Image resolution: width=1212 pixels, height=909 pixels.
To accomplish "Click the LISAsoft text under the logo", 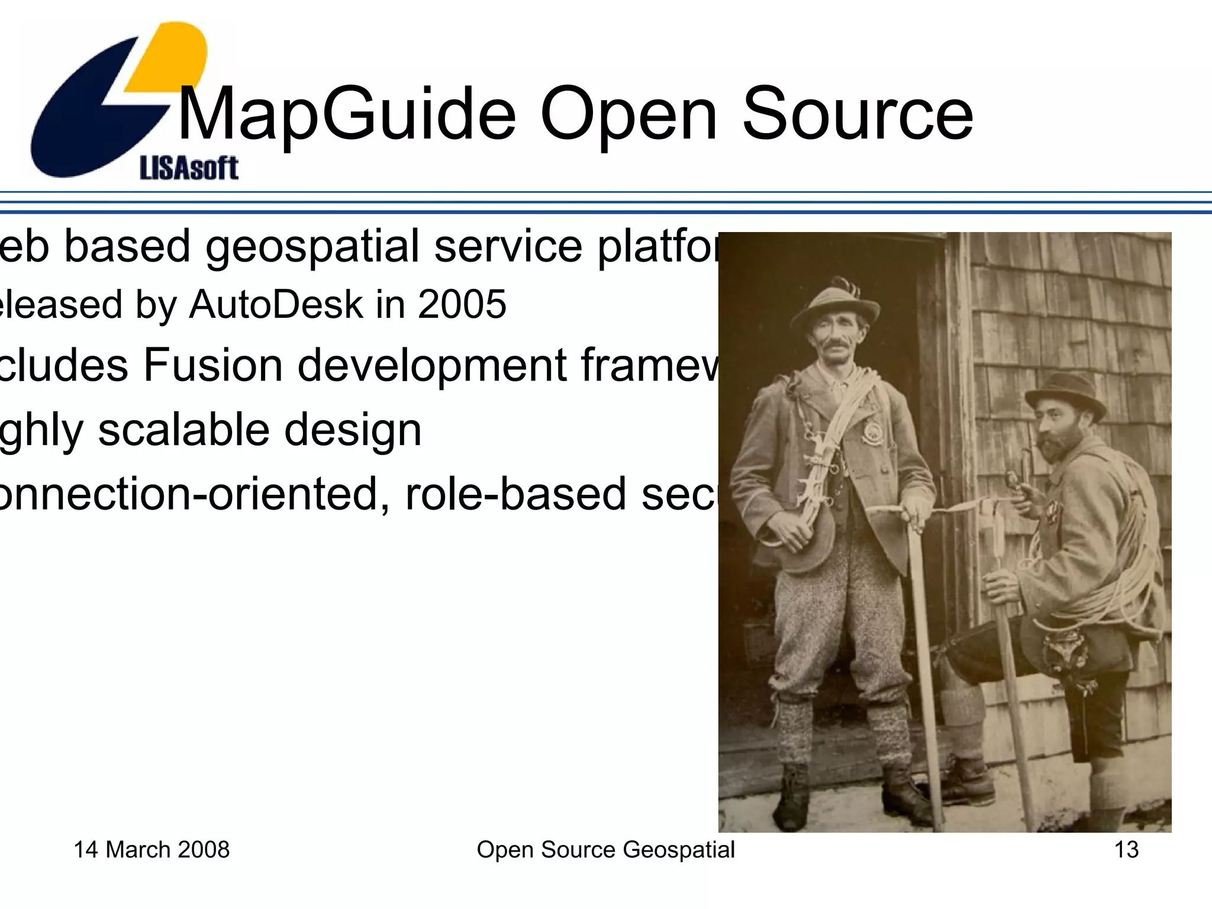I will (x=189, y=168).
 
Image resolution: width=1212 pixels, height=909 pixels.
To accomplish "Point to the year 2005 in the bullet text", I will (x=462, y=305).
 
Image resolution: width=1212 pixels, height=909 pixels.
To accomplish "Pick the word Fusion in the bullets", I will (x=213, y=365).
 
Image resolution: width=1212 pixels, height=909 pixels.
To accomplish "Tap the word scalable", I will (x=183, y=430).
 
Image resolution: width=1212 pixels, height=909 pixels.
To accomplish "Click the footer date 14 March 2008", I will (x=151, y=850).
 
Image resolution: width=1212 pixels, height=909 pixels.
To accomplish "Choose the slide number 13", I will (x=1126, y=850).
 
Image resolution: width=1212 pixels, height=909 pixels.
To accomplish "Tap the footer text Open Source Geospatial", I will (x=605, y=850).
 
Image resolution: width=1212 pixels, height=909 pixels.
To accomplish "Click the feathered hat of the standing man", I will (x=834, y=302).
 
